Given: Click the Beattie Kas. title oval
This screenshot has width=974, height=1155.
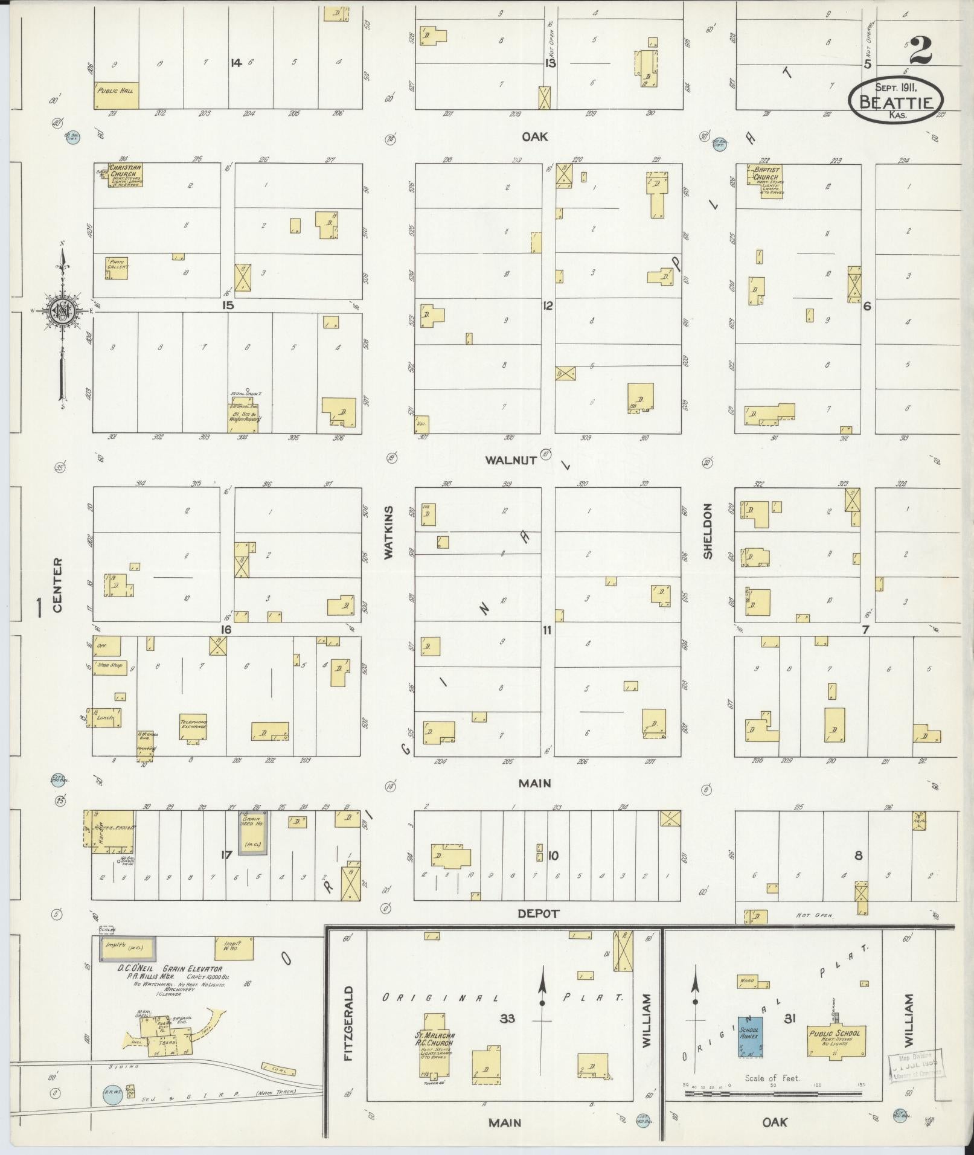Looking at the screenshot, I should coord(895,101).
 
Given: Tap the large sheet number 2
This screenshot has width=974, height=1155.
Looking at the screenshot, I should coord(919,51).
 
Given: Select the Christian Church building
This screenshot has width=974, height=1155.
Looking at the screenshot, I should coord(125,175).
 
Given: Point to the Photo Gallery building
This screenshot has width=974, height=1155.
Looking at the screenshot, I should coord(117,267).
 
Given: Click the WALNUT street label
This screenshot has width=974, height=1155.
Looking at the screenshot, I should coord(511,460).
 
